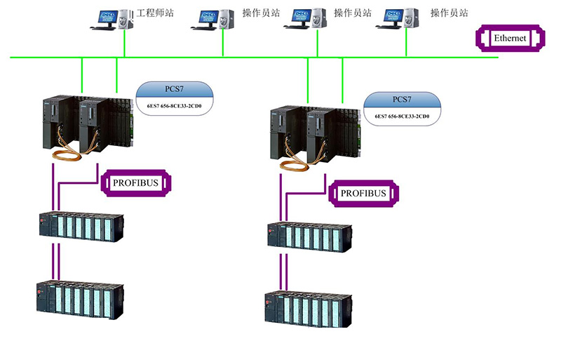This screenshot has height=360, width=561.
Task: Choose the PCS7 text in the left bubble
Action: pyautogui.click(x=173, y=90)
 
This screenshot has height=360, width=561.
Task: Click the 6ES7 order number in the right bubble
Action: pyautogui.click(x=402, y=116)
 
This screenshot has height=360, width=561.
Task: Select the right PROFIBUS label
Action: pyautogui.click(x=363, y=193)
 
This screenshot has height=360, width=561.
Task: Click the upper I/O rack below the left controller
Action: pyautogui.click(x=81, y=226)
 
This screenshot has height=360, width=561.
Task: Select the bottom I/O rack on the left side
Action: pyautogui.click(x=80, y=299)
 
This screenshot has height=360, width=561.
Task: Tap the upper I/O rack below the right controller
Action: pyautogui.click(x=309, y=234)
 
